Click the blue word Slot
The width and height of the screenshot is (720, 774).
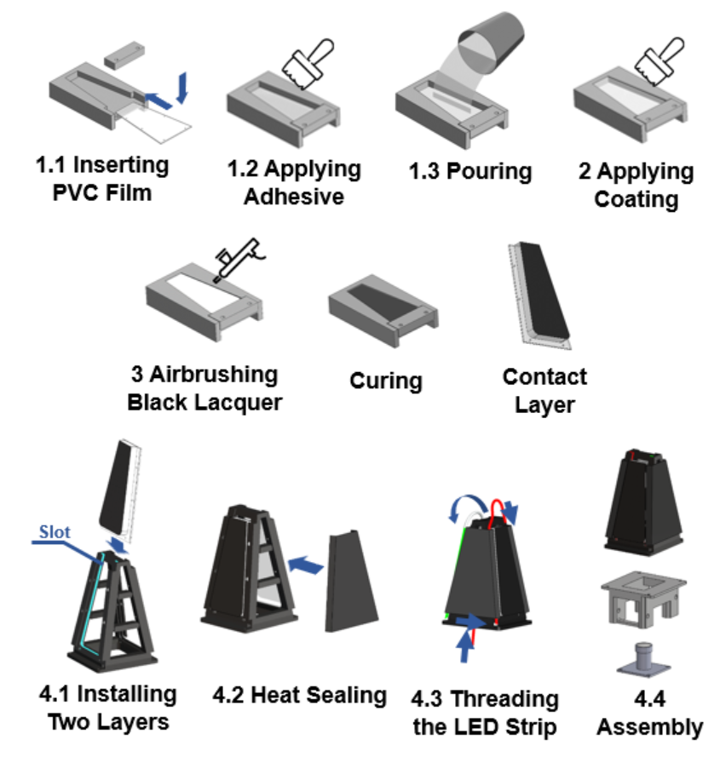tap(55, 531)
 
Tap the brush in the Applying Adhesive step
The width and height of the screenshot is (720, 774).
tap(308, 63)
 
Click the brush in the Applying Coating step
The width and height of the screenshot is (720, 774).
tap(659, 60)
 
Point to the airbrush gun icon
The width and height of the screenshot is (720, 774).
tap(239, 260)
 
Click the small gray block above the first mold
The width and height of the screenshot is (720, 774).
tap(124, 54)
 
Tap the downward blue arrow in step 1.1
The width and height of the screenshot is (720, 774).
tap(182, 88)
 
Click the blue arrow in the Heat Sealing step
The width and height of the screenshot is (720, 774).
tap(306, 565)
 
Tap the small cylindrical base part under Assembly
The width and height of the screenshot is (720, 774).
tap(643, 660)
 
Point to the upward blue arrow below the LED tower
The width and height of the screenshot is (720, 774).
tap(464, 645)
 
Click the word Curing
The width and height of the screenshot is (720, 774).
tap(386, 381)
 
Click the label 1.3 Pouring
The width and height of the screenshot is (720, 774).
tap(470, 172)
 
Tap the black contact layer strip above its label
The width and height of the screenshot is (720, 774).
tap(544, 291)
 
